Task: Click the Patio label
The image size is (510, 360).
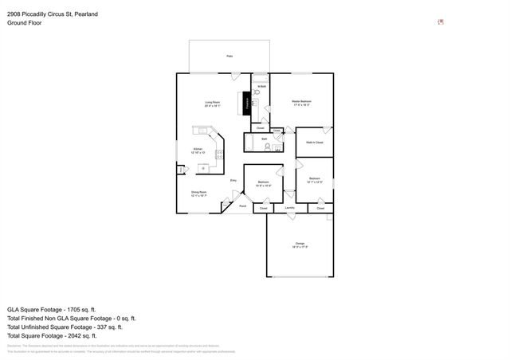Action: (x=229, y=57)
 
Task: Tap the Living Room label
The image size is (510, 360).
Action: (x=213, y=104)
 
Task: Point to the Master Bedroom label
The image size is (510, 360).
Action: (x=301, y=103)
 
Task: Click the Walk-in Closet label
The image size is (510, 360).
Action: (x=314, y=143)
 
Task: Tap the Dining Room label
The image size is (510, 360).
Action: (x=198, y=193)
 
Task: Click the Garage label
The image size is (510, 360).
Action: (x=300, y=245)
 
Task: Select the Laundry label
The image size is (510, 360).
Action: (x=289, y=208)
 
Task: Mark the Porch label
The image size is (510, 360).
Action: (x=243, y=206)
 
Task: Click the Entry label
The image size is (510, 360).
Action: (x=233, y=181)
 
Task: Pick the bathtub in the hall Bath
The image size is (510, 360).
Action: (x=249, y=144)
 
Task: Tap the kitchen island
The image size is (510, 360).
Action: (x=204, y=168)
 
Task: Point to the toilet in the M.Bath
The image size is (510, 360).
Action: (x=257, y=103)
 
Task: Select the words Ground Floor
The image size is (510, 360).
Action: (x=24, y=23)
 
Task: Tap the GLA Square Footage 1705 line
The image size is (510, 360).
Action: (x=51, y=308)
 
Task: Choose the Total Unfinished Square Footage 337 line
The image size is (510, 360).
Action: (x=65, y=327)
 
